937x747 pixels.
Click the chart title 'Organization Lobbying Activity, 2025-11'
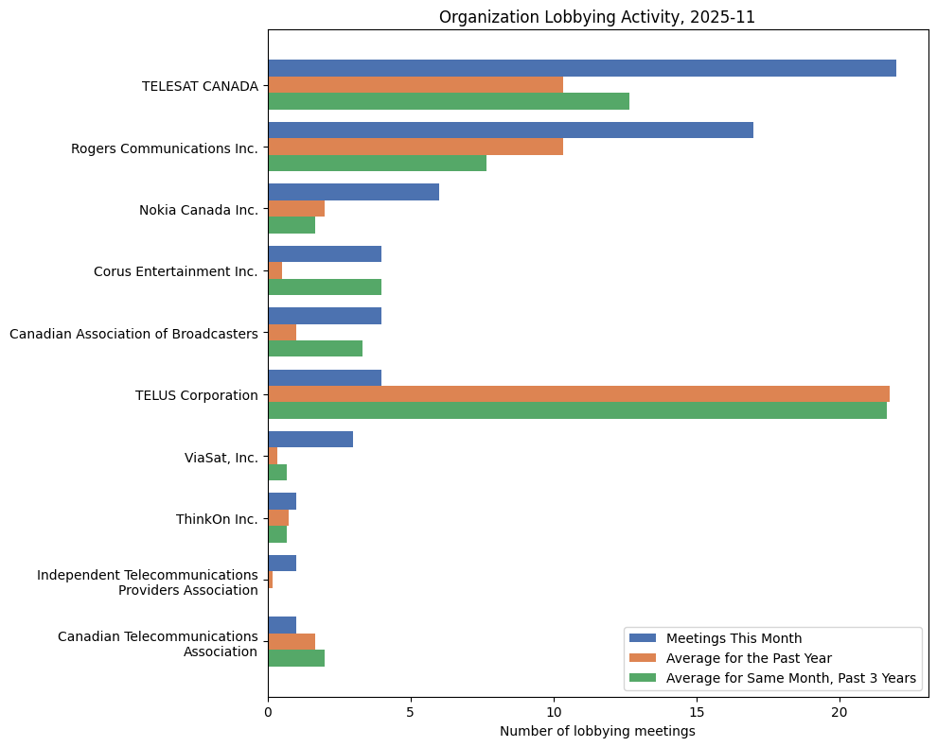[x=596, y=17]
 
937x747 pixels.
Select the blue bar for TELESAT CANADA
[x=581, y=68]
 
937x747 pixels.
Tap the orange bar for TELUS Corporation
[x=578, y=394]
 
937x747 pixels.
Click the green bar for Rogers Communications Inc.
[x=377, y=163]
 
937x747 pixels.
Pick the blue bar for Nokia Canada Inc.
[x=353, y=192]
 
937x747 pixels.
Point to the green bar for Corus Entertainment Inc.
[x=325, y=287]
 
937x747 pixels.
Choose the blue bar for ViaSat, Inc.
[x=310, y=440]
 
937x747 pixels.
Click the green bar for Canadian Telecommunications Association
[x=296, y=658]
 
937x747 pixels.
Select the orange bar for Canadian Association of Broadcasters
[x=282, y=332]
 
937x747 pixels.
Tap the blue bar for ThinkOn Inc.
[x=282, y=501]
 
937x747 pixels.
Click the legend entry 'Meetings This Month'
[x=734, y=637]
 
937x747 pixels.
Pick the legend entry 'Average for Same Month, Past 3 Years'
[x=791, y=677]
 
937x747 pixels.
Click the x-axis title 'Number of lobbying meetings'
[x=597, y=731]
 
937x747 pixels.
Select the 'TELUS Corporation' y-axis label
[x=197, y=395]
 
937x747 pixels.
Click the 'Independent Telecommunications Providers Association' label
[x=148, y=582]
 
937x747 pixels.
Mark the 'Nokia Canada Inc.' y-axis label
[x=199, y=210]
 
